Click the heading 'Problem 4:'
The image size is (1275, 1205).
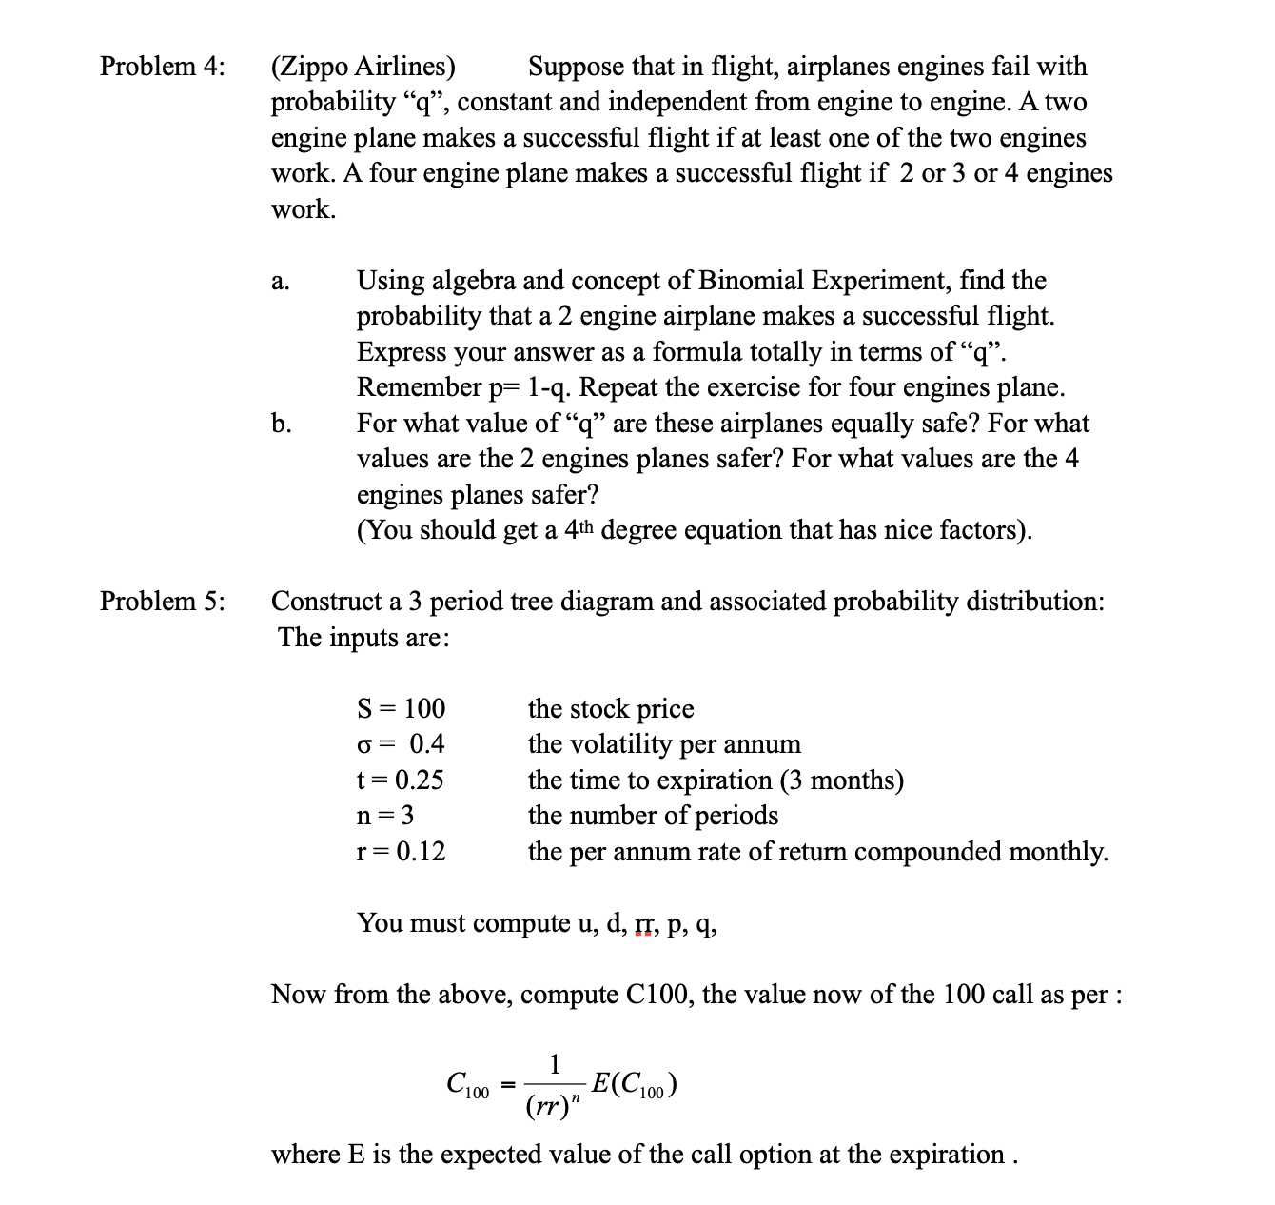(x=163, y=67)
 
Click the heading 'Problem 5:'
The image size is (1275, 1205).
(x=163, y=602)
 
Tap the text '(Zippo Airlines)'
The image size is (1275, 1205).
(x=363, y=67)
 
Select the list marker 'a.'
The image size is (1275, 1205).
(x=280, y=282)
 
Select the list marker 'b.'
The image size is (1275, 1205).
(x=281, y=424)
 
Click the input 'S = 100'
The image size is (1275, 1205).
(x=401, y=709)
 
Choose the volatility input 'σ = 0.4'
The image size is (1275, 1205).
(x=401, y=744)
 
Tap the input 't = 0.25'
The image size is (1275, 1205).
(x=400, y=780)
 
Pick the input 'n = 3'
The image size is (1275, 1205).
(x=385, y=816)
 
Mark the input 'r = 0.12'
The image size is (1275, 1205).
(x=401, y=852)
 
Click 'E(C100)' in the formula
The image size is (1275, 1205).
(x=634, y=1084)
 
